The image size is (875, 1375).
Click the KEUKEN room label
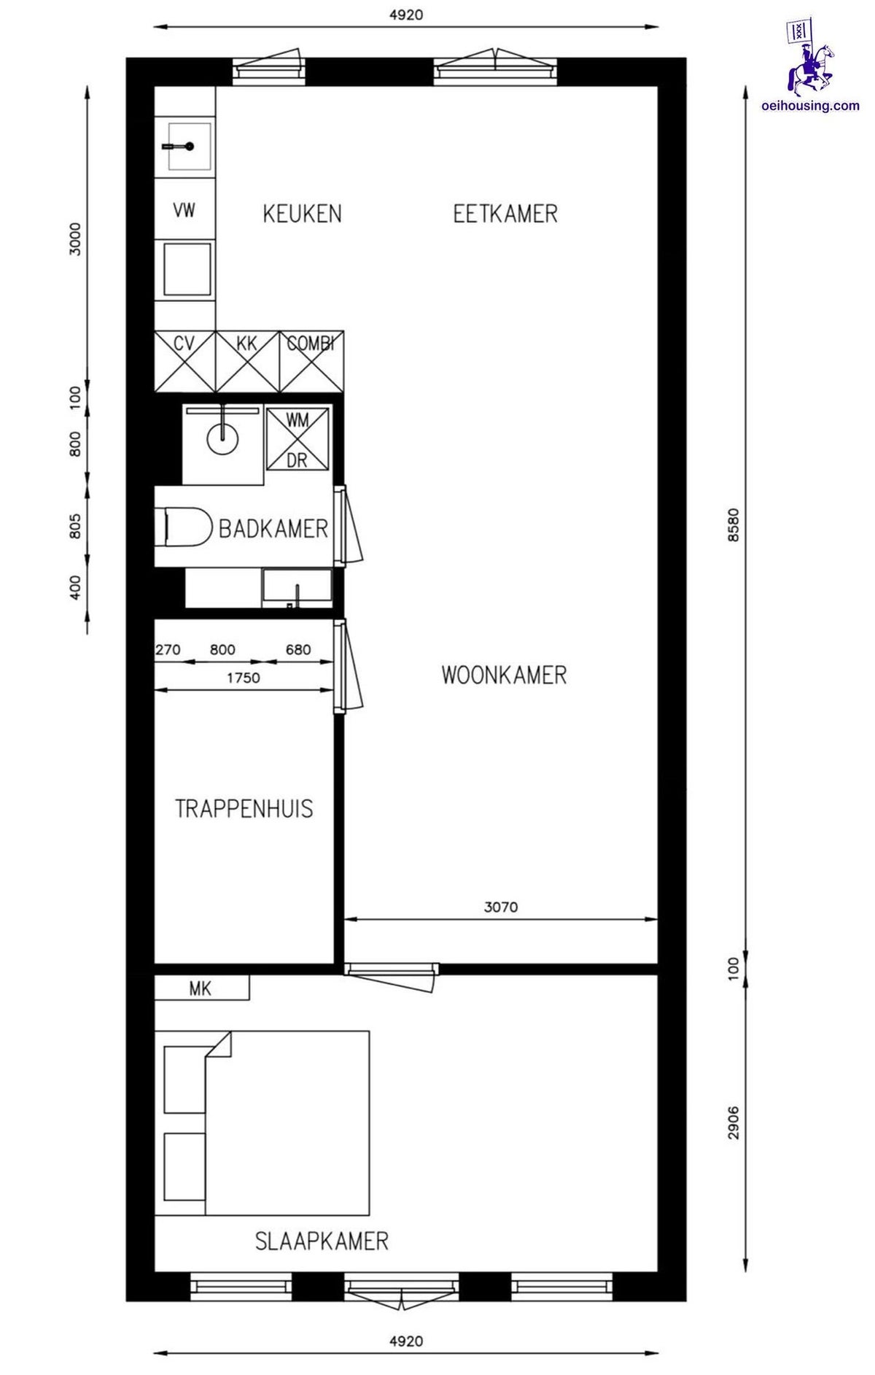point(302,214)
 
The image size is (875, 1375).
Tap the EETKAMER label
point(505,214)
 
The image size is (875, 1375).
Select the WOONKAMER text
point(504,675)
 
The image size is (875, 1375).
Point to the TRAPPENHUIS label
point(244,808)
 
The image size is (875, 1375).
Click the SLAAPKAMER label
point(322,1241)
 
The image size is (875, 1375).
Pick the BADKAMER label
point(273,528)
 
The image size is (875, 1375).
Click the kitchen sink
point(188,147)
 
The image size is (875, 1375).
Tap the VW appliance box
point(184,211)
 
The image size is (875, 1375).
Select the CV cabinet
point(185,362)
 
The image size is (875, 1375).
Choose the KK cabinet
point(248,362)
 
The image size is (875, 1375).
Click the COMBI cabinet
point(311,362)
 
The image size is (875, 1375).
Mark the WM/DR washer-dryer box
point(297,439)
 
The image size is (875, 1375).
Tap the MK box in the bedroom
point(201,988)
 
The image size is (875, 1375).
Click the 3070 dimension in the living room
point(501,907)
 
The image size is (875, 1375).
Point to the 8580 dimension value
point(734,524)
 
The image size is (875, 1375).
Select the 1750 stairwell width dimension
point(243,678)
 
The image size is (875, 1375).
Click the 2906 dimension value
point(734,1123)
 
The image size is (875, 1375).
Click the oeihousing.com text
point(810,106)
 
